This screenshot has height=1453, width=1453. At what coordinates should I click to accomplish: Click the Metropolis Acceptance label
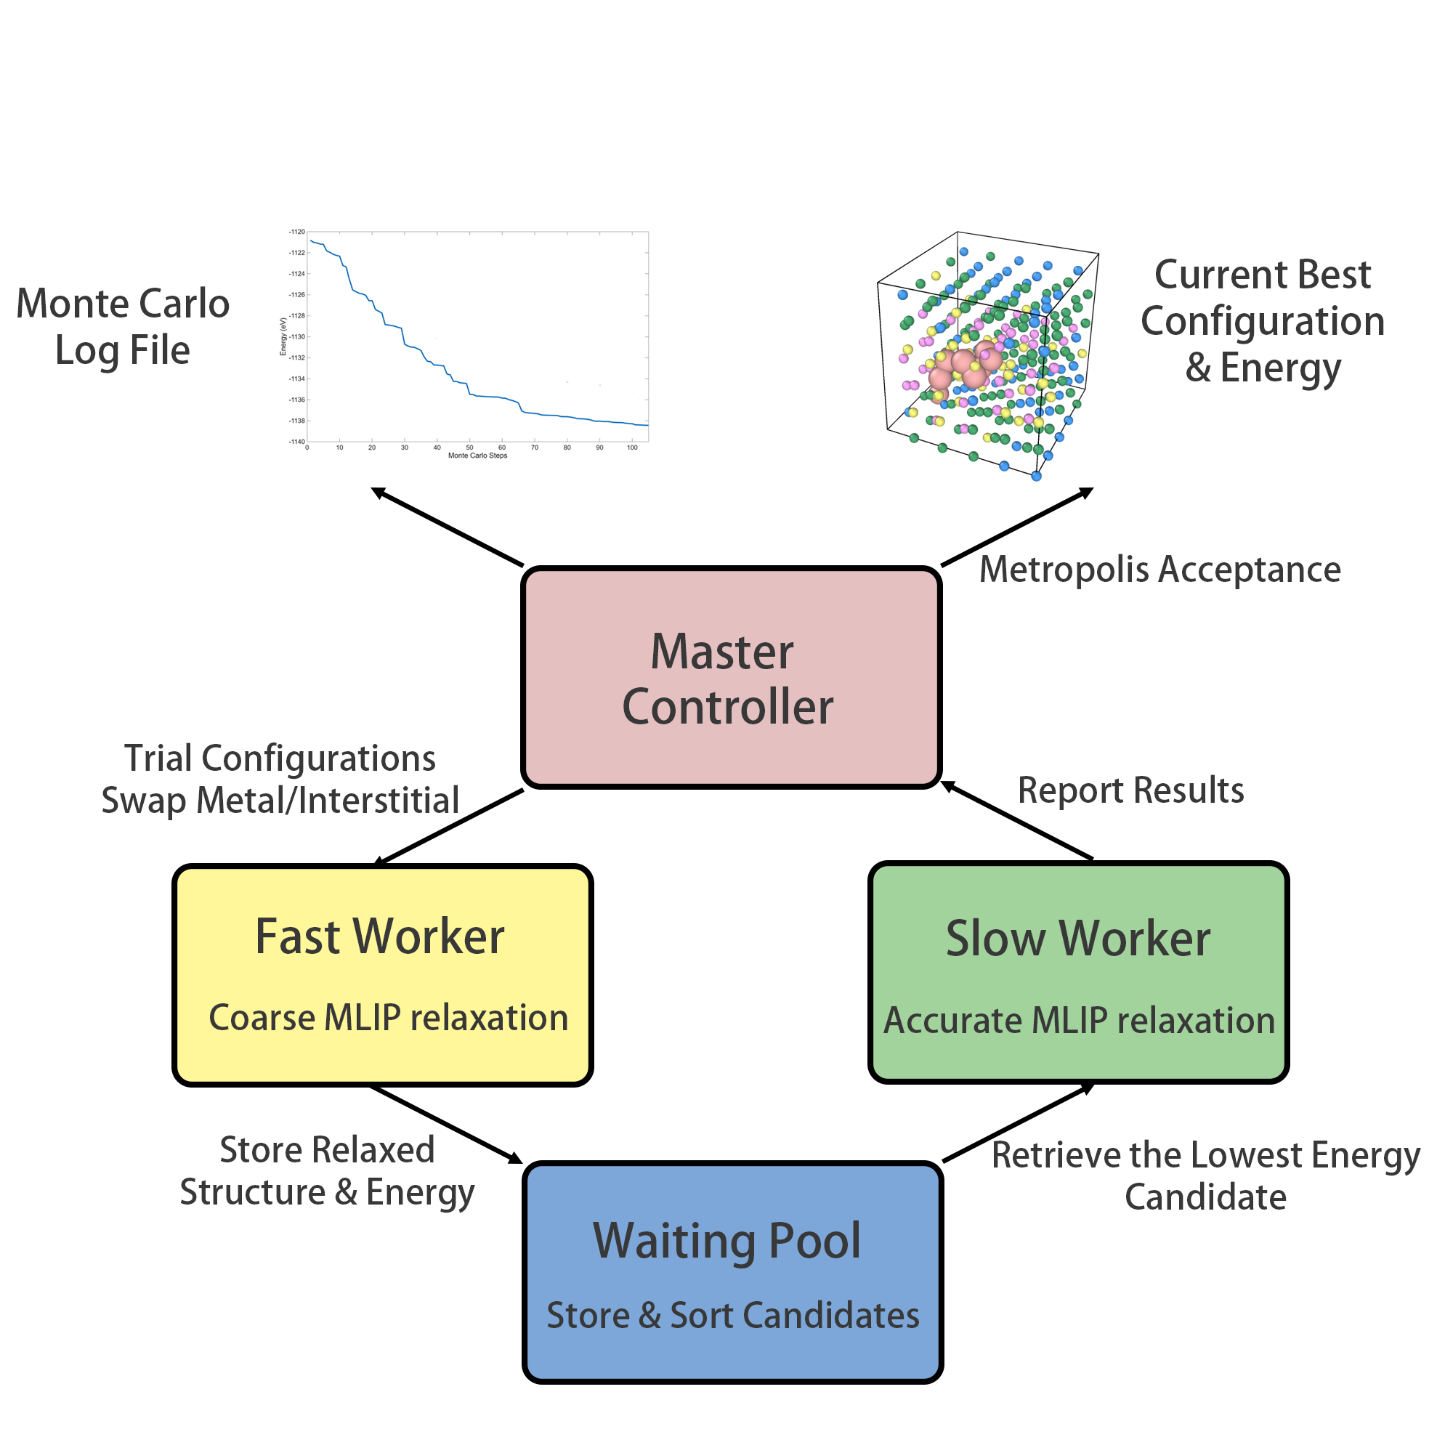pyautogui.click(x=1159, y=570)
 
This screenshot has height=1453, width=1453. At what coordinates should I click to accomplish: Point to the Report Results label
pyautogui.click(x=1130, y=790)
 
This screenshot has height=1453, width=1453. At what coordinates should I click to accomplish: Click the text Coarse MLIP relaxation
pyautogui.click(x=388, y=1018)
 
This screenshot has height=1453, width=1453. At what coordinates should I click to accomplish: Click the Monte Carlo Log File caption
pyautogui.click(x=123, y=327)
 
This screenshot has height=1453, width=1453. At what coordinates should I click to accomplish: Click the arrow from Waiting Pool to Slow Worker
pyautogui.click(x=1018, y=1123)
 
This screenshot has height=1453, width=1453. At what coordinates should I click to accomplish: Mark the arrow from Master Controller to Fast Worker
pyautogui.click(x=450, y=827)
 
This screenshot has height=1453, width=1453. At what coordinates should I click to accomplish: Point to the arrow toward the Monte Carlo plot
pyautogui.click(x=447, y=527)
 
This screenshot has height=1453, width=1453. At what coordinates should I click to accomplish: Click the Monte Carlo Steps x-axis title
pyautogui.click(x=477, y=456)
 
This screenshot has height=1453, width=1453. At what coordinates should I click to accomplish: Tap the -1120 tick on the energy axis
pyautogui.click(x=297, y=232)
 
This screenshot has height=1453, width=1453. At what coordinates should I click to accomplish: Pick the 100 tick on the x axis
pyautogui.click(x=633, y=448)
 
